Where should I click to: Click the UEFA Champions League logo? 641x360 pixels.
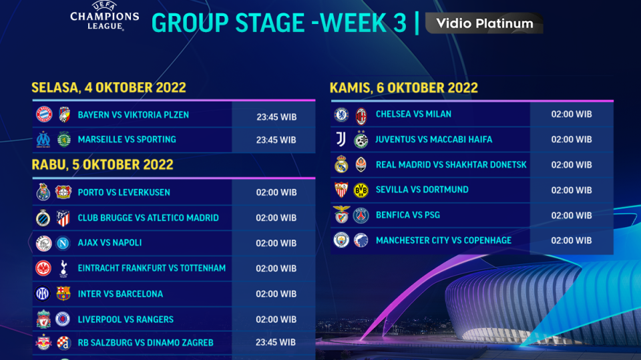point(105,15)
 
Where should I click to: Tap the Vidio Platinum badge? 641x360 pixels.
point(485,23)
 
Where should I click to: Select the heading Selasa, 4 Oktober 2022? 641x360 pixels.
point(109,87)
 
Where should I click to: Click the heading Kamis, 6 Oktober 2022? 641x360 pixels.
point(404,87)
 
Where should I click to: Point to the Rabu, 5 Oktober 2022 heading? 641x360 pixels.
point(102,164)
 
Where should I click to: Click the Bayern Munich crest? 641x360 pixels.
point(43,114)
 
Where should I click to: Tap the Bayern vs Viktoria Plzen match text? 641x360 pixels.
point(133,115)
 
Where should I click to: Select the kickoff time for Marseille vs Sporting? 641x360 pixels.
point(276,140)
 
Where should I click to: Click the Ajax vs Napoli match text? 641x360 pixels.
point(110,242)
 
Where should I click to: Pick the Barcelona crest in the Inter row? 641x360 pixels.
point(63,293)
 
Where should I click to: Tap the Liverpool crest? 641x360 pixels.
point(43,319)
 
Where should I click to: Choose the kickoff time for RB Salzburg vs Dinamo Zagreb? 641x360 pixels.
point(276,343)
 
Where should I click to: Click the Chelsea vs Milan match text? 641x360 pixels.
point(413,114)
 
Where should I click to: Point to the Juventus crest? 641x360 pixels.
point(341,140)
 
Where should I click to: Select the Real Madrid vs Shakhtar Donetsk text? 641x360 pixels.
point(451,164)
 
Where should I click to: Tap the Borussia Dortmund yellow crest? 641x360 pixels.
point(361,190)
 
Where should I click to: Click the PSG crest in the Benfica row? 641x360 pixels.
point(361,215)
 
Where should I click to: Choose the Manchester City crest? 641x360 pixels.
point(341,240)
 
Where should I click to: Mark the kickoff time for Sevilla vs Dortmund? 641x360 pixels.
point(571,190)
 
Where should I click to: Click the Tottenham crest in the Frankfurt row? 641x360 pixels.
point(63,268)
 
